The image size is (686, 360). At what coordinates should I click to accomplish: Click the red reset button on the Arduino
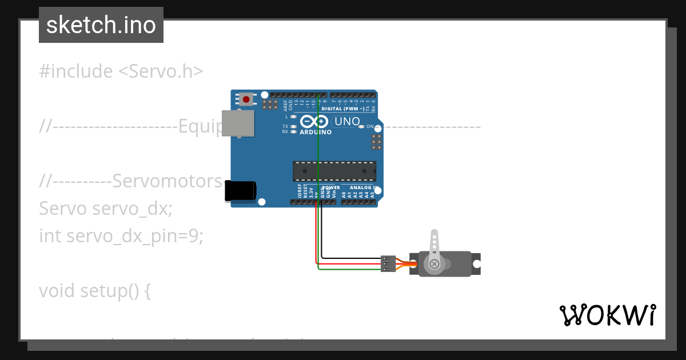pos(246,99)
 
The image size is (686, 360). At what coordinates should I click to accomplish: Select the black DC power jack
pos(240,191)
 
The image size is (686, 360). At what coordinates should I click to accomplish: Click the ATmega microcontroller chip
pos(334,171)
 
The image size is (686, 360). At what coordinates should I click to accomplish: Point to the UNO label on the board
pos(347,121)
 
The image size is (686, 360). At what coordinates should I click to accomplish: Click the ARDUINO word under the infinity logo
pos(316,132)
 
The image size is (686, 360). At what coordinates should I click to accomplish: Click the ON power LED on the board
pos(361,127)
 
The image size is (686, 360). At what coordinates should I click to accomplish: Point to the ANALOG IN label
pos(364,187)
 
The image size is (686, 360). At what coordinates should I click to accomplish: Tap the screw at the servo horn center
pos(434,263)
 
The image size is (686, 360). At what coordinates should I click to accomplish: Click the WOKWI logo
pos(607,315)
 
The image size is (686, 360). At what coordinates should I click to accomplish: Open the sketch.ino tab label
pos(101,25)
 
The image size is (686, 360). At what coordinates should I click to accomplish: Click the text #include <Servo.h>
pos(121,71)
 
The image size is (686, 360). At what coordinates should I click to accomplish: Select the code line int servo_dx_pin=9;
pos(121,235)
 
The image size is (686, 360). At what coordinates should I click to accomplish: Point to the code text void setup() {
pos(95,290)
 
